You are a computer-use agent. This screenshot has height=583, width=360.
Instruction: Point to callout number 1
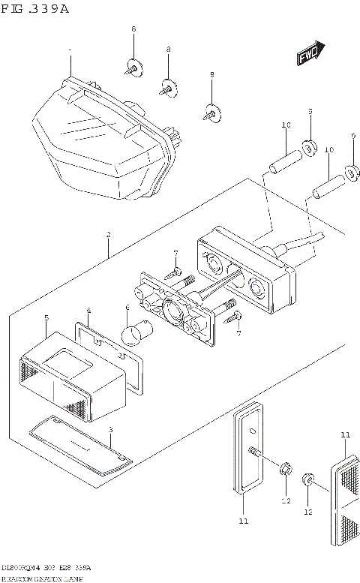(x=70, y=52)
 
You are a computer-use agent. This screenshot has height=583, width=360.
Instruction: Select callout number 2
(x=108, y=235)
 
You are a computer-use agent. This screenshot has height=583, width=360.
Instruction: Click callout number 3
(x=110, y=430)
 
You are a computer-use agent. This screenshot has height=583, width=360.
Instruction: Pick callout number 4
(x=88, y=310)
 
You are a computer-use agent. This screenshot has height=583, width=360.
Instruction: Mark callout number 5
(x=46, y=318)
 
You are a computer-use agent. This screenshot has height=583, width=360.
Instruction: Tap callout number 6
(x=127, y=307)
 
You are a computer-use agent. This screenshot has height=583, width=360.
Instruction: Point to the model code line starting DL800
(x=45, y=569)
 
